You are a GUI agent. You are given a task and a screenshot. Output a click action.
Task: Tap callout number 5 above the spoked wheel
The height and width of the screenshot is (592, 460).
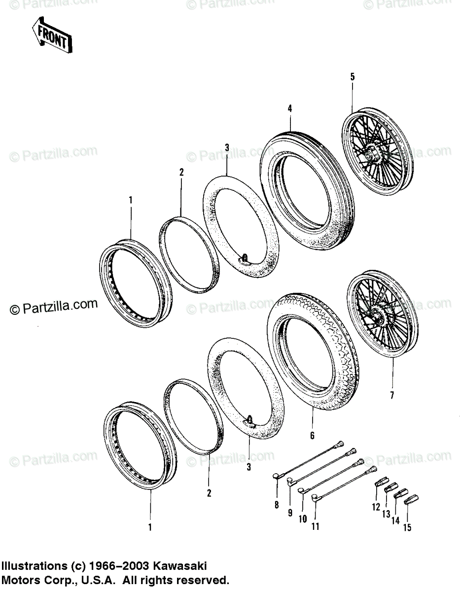click(353, 76)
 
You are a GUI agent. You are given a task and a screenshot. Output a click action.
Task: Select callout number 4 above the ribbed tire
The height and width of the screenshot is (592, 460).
click(290, 108)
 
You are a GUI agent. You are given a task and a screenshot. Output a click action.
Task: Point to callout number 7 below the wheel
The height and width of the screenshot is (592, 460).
click(392, 395)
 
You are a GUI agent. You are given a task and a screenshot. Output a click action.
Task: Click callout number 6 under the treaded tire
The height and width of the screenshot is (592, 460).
click(312, 436)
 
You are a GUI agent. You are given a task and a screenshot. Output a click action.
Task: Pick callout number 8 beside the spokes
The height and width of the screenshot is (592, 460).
click(277, 505)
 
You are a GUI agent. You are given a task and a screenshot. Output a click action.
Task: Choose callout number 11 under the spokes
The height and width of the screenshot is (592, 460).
click(316, 526)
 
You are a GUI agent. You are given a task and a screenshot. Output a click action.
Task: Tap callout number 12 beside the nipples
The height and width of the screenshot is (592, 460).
click(376, 507)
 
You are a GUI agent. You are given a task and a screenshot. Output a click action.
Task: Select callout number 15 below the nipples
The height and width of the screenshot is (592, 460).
click(407, 528)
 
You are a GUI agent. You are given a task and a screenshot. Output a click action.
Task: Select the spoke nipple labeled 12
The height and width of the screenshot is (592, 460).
click(381, 482)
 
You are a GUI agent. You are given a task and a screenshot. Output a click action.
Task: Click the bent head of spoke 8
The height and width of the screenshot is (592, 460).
click(277, 476)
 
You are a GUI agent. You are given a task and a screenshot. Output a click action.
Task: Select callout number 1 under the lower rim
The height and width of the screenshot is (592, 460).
click(150, 527)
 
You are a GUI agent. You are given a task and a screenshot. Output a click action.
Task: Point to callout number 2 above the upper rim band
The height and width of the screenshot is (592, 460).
click(181, 172)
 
